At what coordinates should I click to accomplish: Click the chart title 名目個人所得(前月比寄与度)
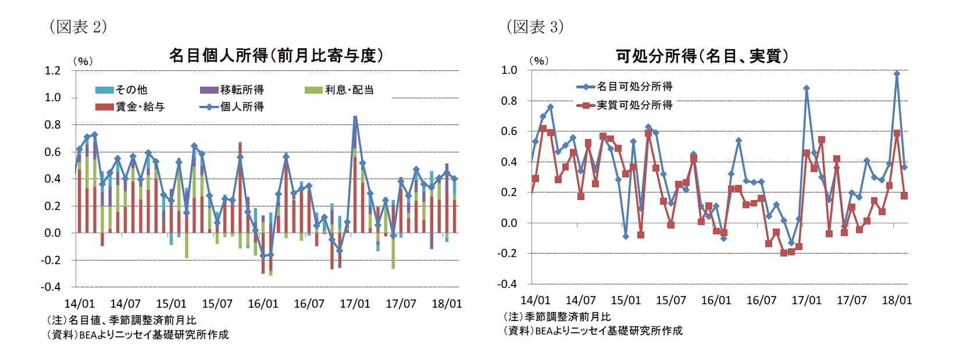pos(276,55)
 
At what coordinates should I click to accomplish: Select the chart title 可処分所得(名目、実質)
pos(702,56)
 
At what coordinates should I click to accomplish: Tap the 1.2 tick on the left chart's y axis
pos(52,70)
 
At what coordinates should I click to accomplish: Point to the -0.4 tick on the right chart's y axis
pos(507,284)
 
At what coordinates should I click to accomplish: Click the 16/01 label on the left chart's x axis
pos(263,304)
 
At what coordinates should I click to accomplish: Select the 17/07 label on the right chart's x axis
pos(851,300)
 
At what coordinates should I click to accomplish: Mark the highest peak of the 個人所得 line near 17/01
pos(355,118)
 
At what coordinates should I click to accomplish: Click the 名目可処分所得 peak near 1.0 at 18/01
pos(897,74)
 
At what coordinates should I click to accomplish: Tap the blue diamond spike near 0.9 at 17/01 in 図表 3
pos(807,88)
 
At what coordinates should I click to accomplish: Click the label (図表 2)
pos(78,27)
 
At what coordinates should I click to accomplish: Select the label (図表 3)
pos(535,27)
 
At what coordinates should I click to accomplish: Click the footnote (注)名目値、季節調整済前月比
pos(121,320)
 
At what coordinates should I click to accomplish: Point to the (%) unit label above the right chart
pos(538,60)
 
